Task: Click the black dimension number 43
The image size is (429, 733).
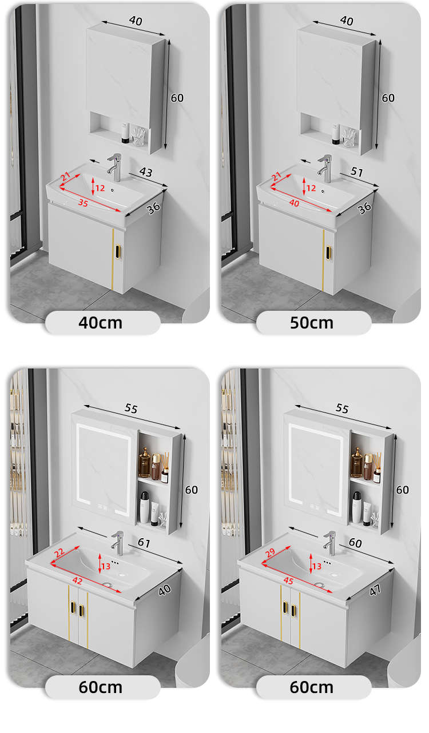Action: click(x=146, y=172)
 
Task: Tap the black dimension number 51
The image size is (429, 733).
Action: click(x=356, y=172)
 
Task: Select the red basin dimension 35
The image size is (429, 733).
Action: click(x=84, y=203)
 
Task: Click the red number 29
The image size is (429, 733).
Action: click(x=270, y=552)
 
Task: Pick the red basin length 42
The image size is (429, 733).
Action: click(x=77, y=580)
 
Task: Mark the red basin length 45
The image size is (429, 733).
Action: click(x=288, y=580)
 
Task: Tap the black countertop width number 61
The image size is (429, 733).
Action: click(x=144, y=543)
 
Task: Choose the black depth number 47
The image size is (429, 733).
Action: click(x=375, y=590)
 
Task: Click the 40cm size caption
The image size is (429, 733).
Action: click(x=101, y=323)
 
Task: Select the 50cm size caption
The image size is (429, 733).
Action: click(x=312, y=323)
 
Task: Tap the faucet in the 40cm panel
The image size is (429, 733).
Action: click(x=115, y=167)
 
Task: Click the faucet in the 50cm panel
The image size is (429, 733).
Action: click(x=325, y=168)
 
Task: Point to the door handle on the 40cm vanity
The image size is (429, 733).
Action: click(x=118, y=253)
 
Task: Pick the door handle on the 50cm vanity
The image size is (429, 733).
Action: click(x=328, y=253)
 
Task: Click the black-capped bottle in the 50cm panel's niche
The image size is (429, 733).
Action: click(x=335, y=134)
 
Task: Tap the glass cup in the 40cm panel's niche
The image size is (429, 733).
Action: click(x=138, y=137)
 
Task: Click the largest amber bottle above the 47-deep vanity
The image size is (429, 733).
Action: click(x=356, y=463)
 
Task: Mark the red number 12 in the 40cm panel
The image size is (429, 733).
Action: click(x=100, y=188)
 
